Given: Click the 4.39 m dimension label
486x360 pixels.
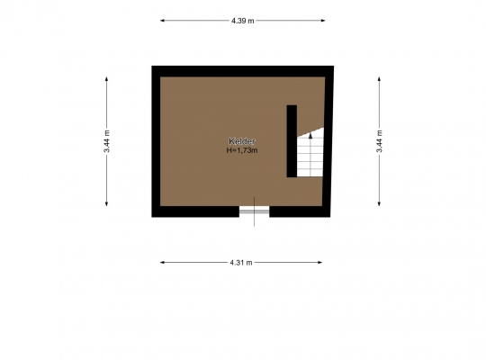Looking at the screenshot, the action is tap(242, 21).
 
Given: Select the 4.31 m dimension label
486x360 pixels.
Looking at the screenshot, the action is tap(241, 263).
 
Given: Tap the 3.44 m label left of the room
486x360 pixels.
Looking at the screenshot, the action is tap(106, 141).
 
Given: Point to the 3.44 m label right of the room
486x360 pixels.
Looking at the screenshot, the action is tap(380, 141).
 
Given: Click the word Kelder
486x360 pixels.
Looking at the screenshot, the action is tap(242, 141).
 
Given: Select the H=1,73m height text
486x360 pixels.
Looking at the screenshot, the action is tap(242, 150).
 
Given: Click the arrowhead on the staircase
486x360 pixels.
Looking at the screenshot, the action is tap(310, 136).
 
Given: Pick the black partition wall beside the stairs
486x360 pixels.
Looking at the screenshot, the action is tap(292, 141).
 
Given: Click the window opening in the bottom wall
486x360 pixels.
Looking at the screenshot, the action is tap(254, 211).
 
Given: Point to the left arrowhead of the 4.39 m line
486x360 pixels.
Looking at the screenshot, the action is tap(162, 21).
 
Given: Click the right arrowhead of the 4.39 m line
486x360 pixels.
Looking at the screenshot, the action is tap(323, 21).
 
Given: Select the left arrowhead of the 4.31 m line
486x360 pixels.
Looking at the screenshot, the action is tap(162, 263).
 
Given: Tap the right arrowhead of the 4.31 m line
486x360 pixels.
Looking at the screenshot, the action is tap(319, 263).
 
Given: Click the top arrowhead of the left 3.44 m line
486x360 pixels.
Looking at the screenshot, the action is tap(106, 79).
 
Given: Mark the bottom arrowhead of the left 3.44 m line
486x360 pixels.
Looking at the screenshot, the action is tap(106, 203).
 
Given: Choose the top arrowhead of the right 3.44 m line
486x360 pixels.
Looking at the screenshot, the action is tap(379, 79).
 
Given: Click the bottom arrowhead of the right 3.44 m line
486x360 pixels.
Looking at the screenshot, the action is tap(379, 203).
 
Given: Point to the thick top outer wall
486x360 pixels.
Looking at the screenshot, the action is tap(243, 71).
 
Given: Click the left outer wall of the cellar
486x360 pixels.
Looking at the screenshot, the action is tap(156, 141).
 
